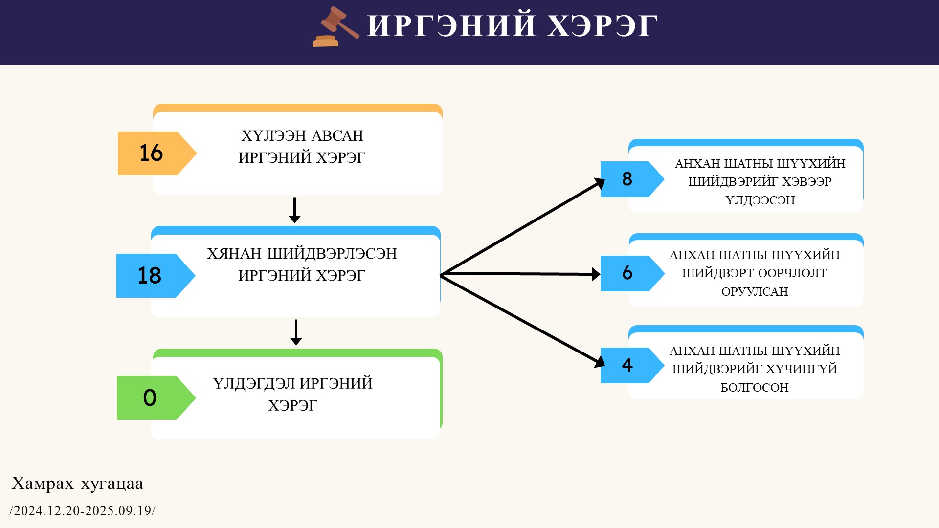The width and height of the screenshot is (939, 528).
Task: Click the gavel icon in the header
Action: coord(335,26)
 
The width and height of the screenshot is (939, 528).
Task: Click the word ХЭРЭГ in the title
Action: coord(602,26)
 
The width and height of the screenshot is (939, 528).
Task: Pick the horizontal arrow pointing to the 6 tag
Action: coord(520,274)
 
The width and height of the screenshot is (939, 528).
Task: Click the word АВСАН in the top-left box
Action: coord(337,135)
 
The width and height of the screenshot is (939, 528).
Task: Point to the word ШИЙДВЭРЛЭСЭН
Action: coord(332,254)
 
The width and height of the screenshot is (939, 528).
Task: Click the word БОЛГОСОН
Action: coord(755,388)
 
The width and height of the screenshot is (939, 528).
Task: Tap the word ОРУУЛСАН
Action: coord(755,292)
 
